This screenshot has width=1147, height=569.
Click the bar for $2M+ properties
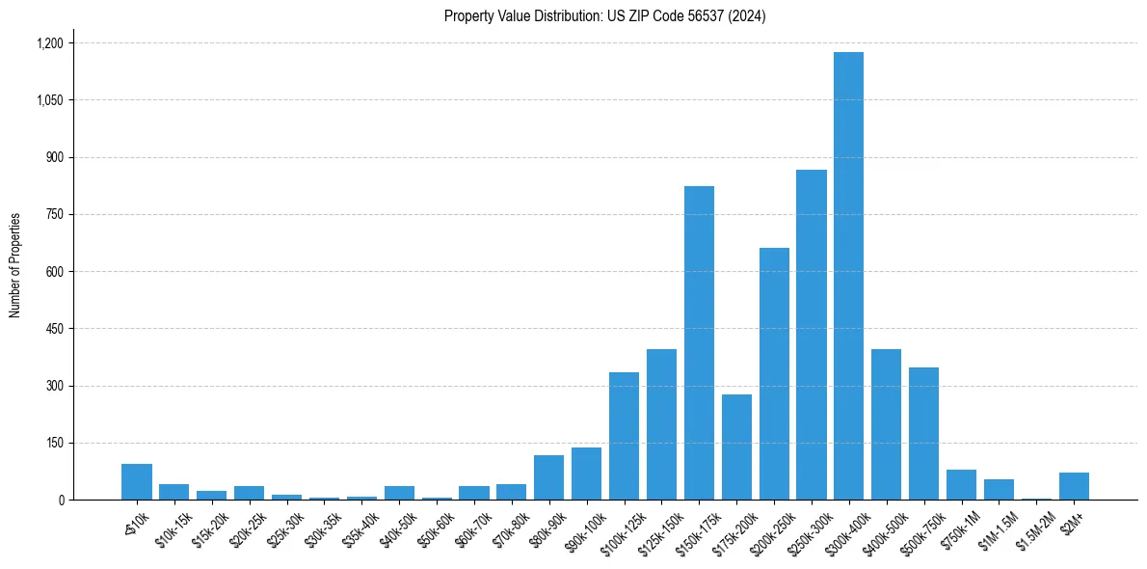click(x=1074, y=486)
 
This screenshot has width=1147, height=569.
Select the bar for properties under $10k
click(x=137, y=482)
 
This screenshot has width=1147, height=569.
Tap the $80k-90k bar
click(x=548, y=477)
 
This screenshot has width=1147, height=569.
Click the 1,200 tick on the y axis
click(x=49, y=43)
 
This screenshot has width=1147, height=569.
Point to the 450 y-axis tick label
click(x=54, y=329)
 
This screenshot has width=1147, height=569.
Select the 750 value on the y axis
click(x=54, y=214)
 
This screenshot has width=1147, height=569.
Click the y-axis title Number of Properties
click(x=14, y=265)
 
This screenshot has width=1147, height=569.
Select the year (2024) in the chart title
click(x=748, y=16)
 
